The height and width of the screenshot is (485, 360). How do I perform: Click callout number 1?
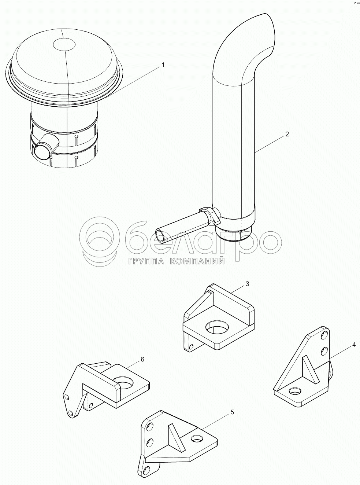(x=163, y=65)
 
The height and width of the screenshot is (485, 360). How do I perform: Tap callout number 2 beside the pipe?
(x=287, y=134)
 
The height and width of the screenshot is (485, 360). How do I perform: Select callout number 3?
(x=248, y=283)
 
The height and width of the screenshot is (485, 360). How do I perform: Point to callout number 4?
(x=353, y=345)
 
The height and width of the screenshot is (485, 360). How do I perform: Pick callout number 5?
(x=232, y=412)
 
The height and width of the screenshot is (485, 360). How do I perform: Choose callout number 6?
(x=142, y=359)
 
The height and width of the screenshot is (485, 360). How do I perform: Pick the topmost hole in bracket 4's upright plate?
(x=324, y=336)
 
